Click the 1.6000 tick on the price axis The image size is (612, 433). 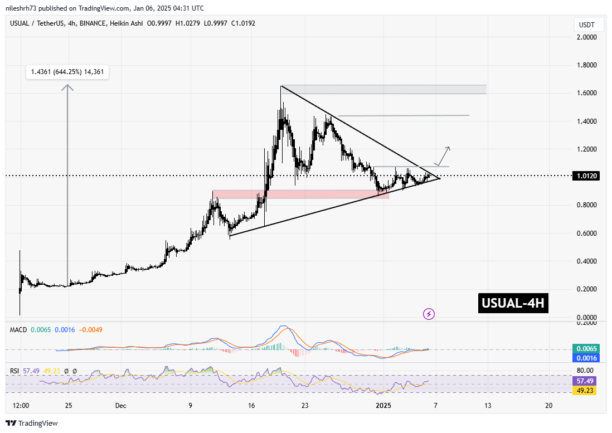pyautogui.click(x=589, y=93)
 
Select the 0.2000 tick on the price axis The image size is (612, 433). pyautogui.click(x=589, y=289)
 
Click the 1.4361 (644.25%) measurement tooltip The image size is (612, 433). pyautogui.click(x=67, y=71)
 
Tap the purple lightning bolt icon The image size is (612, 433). pyautogui.click(x=429, y=314)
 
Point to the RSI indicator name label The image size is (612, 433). pyautogui.click(x=16, y=370)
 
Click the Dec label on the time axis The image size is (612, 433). pyautogui.click(x=120, y=406)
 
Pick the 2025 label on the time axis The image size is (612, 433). pyautogui.click(x=384, y=406)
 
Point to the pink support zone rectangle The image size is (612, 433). pyautogui.click(x=301, y=194)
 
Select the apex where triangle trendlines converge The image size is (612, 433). pyautogui.click(x=440, y=178)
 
